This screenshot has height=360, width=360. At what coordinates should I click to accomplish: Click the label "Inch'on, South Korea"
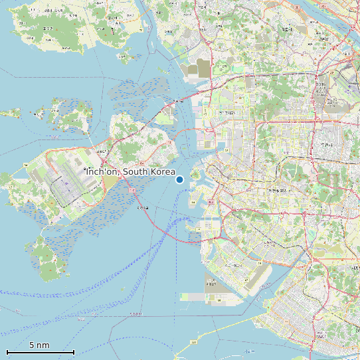click(131, 172)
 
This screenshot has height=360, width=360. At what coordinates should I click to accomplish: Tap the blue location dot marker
click(179, 179)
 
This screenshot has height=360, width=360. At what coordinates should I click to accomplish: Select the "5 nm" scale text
click(39, 345)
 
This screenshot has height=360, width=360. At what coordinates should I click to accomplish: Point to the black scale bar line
click(40, 352)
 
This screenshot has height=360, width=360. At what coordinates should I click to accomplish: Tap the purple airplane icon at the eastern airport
click(349, 87)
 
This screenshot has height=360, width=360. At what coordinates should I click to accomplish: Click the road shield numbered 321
click(194, 342)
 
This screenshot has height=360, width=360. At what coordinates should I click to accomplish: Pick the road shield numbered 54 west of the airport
click(25, 163)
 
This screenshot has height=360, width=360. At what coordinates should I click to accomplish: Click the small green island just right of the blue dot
click(195, 175)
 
